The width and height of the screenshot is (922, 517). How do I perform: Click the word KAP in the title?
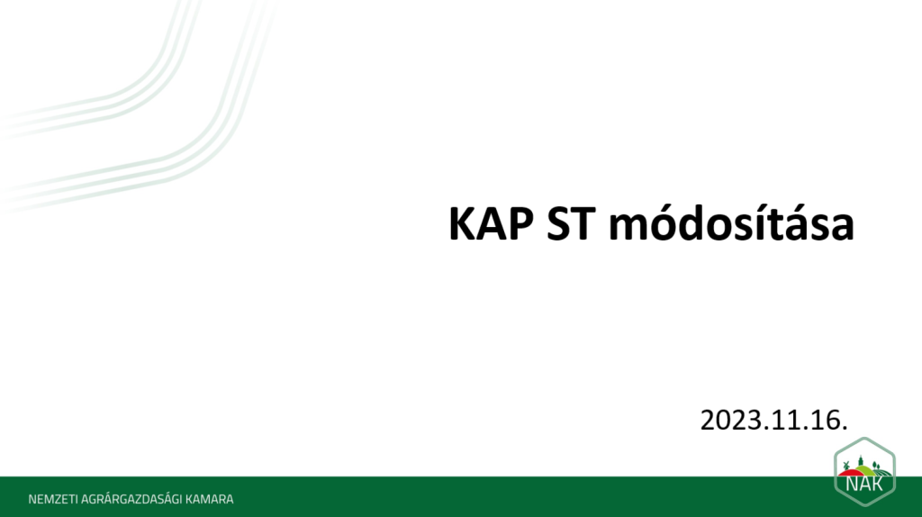click(491, 224)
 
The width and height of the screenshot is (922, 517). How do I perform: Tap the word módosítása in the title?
click(731, 222)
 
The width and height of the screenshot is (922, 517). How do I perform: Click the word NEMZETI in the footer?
click(53, 499)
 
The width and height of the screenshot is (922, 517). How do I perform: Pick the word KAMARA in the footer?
click(209, 499)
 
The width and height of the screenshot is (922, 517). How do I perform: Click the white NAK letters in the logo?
click(864, 483)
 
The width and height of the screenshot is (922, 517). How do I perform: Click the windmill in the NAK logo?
click(847, 466)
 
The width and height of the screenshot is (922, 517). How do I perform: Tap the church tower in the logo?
click(861, 460)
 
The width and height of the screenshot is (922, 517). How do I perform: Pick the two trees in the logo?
click(875, 466)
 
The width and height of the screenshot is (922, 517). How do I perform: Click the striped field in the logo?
click(881, 471)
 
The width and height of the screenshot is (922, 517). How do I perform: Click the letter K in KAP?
click(462, 224)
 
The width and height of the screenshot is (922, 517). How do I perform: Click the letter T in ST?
click(583, 224)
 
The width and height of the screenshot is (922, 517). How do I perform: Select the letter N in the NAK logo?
click(852, 483)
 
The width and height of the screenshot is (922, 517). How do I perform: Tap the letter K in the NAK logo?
click(878, 483)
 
